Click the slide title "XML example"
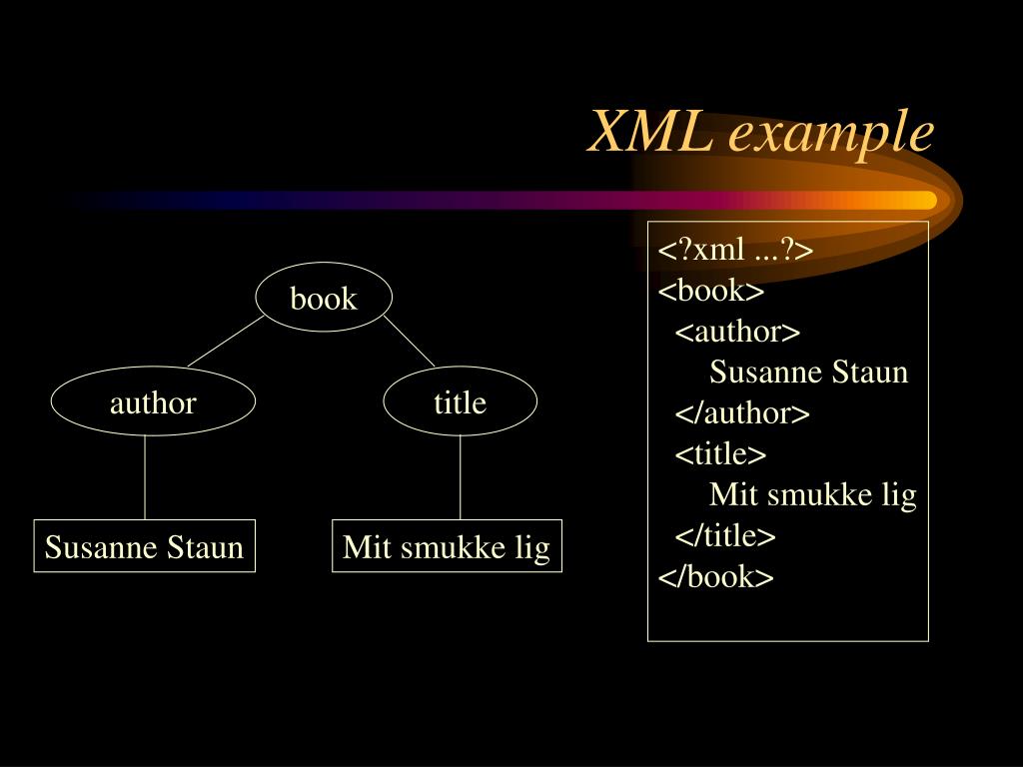point(761,132)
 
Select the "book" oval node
point(324,298)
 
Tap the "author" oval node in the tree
point(153,402)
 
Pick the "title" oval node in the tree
point(460,402)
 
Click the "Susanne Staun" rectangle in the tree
point(144,546)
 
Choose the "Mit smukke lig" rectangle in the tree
point(447,546)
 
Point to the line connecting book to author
point(226,342)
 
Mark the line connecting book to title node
point(409,342)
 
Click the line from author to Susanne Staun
point(145,477)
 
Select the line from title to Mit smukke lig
point(460,477)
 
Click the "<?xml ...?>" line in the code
point(735,250)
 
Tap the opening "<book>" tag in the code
point(710,291)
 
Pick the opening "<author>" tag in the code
point(737,332)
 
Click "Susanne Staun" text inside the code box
point(808,373)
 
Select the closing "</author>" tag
point(742,413)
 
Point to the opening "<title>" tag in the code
point(720,454)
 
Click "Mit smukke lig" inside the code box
point(812,495)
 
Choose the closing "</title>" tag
point(725,536)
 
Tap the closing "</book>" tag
point(715,577)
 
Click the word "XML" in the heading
point(649,132)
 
